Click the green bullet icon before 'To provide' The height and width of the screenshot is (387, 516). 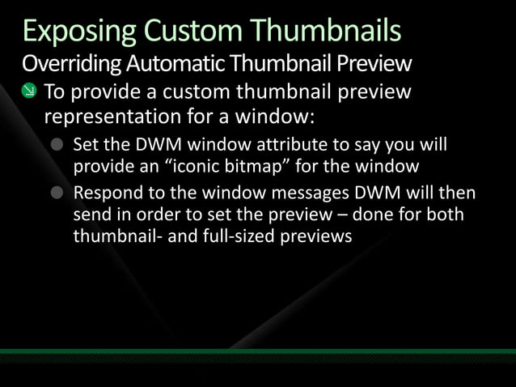pyautogui.click(x=29, y=91)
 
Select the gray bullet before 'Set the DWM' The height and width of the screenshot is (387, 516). pyautogui.click(x=57, y=147)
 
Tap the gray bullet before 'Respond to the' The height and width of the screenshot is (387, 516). pyautogui.click(x=57, y=195)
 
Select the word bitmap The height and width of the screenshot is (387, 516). pyautogui.click(x=276, y=167)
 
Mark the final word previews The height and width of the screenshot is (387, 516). pyautogui.click(x=316, y=237)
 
